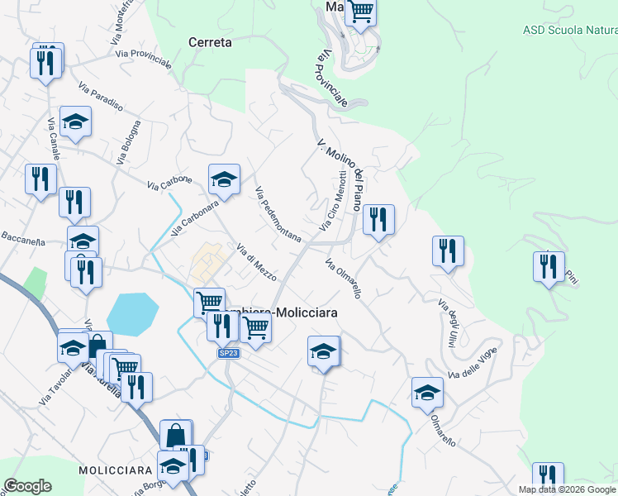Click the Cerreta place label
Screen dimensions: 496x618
210,42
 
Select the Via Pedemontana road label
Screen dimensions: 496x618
278,215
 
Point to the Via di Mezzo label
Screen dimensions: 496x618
256,261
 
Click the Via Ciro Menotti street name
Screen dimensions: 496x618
332,201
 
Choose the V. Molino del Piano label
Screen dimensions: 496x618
340,174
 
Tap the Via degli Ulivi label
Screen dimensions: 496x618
447,323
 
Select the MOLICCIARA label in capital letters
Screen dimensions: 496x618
112,470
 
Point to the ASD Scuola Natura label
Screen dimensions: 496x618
570,31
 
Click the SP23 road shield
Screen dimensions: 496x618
229,353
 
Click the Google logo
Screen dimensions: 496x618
27,486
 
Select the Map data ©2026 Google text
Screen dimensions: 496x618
568,489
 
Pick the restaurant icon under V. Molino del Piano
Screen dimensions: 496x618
378,219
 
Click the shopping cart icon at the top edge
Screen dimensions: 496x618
361,12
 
